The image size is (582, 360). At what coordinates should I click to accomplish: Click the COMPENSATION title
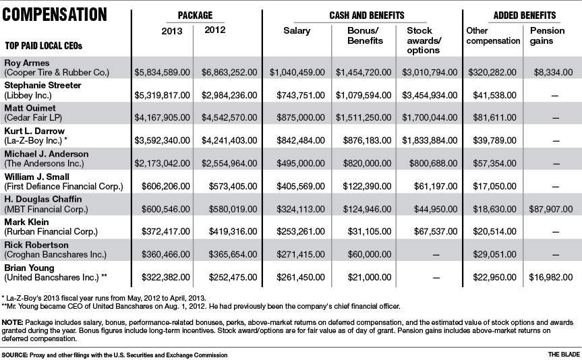pyautogui.click(x=55, y=13)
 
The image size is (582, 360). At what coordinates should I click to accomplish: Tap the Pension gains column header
pyautogui.click(x=547, y=36)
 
